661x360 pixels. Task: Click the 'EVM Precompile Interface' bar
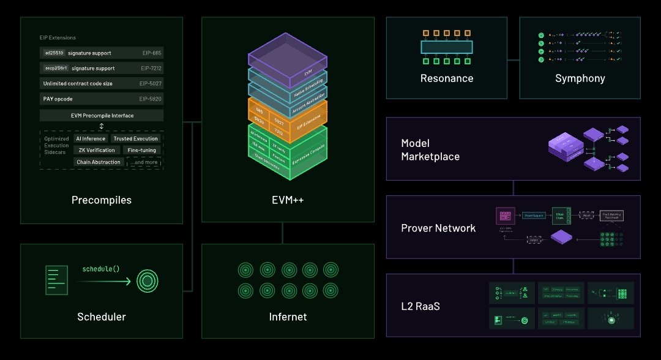tap(102, 115)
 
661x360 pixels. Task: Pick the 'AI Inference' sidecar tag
tap(91, 139)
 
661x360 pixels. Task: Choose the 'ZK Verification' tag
tap(96, 150)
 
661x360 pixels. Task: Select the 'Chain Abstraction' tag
tap(99, 162)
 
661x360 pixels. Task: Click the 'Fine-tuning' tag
tap(141, 150)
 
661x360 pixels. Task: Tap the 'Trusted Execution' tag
tap(136, 139)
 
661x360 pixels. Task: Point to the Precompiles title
tap(102, 200)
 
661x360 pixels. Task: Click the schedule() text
tap(100, 269)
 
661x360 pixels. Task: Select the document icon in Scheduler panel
tap(56, 280)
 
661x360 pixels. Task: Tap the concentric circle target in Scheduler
tap(148, 281)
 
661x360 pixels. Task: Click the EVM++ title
tap(287, 200)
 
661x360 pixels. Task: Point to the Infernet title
tap(288, 317)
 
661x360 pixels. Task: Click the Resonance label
tap(447, 78)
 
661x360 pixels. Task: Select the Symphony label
tap(580, 78)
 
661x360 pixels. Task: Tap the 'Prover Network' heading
tap(438, 228)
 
